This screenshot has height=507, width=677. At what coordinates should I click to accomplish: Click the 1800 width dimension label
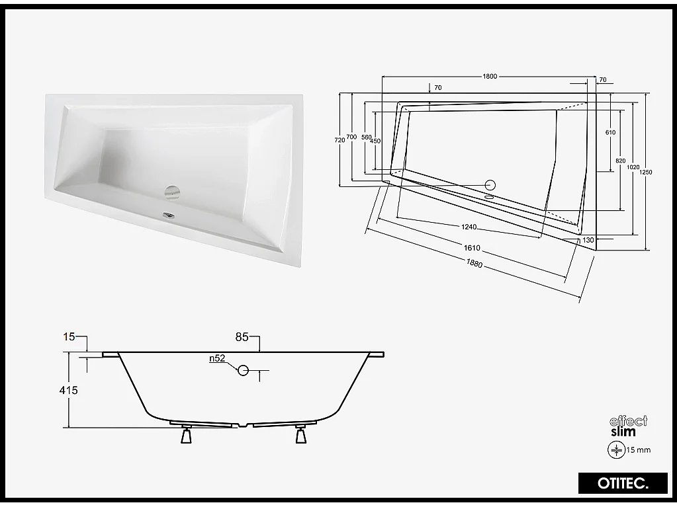(x=490, y=76)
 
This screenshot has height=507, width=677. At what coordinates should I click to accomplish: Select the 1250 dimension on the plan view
(x=647, y=172)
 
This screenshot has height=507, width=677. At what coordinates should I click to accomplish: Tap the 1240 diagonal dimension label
(x=469, y=227)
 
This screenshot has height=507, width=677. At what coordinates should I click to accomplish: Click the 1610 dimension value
(x=472, y=249)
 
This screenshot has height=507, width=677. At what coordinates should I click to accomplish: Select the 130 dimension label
(x=588, y=240)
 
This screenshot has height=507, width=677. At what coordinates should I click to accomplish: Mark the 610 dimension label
(x=610, y=132)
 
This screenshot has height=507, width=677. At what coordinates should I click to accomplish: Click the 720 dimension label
(x=339, y=139)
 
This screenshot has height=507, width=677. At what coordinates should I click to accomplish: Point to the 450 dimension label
(x=375, y=141)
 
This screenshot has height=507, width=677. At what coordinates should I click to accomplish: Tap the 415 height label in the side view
(x=68, y=390)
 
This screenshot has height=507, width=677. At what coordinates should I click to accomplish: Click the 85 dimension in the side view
(x=242, y=337)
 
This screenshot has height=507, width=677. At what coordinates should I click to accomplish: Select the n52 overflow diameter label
(x=216, y=358)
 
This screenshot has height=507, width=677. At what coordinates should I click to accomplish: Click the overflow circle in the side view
(x=244, y=370)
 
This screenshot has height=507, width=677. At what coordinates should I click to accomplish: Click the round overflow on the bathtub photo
(x=172, y=192)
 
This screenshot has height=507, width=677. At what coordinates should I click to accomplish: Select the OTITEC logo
(x=623, y=483)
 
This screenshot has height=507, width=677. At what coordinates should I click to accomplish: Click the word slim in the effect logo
(x=623, y=432)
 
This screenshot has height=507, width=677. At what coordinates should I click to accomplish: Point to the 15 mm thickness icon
(x=616, y=449)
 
